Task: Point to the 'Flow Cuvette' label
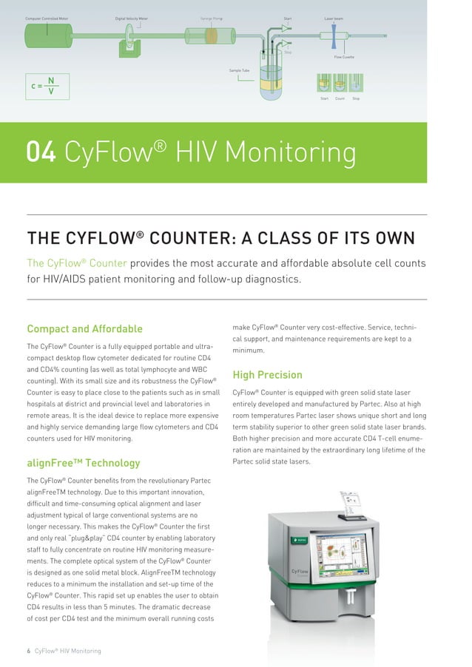[344, 56]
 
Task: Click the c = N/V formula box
[47, 86]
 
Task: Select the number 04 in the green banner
[41, 152]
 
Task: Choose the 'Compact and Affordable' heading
[84, 328]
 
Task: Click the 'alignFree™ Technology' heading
[83, 463]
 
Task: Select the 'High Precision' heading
[267, 375]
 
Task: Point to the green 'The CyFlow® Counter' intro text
[77, 263]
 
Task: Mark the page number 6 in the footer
[28, 651]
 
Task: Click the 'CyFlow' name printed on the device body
[300, 571]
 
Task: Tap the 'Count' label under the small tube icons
[340, 98]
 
